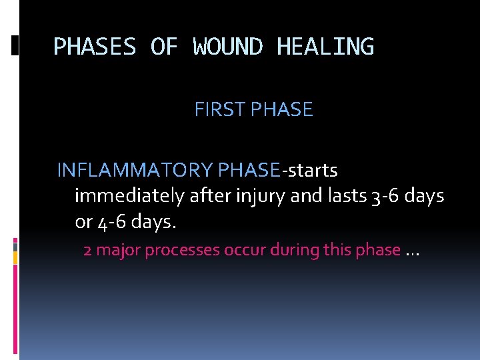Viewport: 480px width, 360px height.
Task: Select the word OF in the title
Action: point(164,47)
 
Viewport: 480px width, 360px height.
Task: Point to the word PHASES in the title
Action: point(95,47)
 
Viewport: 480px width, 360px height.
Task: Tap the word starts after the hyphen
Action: point(312,171)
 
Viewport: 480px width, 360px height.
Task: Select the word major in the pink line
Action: point(117,251)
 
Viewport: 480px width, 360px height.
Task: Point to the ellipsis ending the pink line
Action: point(412,252)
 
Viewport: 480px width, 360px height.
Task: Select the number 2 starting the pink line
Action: point(87,251)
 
